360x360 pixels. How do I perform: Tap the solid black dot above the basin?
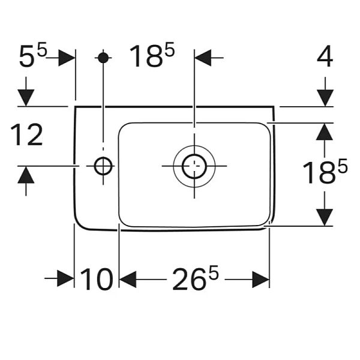pos(103,58)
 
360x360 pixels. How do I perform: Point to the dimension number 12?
pos(27,136)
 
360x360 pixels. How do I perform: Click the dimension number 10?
pos(97,280)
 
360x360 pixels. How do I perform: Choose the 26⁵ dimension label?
pos(196,280)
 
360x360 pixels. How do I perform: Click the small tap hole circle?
pos(103,166)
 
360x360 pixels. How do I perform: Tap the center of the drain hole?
pos(193,166)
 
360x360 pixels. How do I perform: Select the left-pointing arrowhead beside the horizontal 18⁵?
pos(205,58)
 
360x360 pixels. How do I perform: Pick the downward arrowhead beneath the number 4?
pos(325,97)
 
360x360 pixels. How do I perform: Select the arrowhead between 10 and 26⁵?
pos(128,279)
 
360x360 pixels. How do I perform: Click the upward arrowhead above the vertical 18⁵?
pos(325,132)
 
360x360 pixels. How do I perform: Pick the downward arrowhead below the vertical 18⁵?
pos(325,217)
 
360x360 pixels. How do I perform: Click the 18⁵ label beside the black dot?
pos(152,58)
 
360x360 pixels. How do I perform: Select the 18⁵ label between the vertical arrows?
pos(325,174)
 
